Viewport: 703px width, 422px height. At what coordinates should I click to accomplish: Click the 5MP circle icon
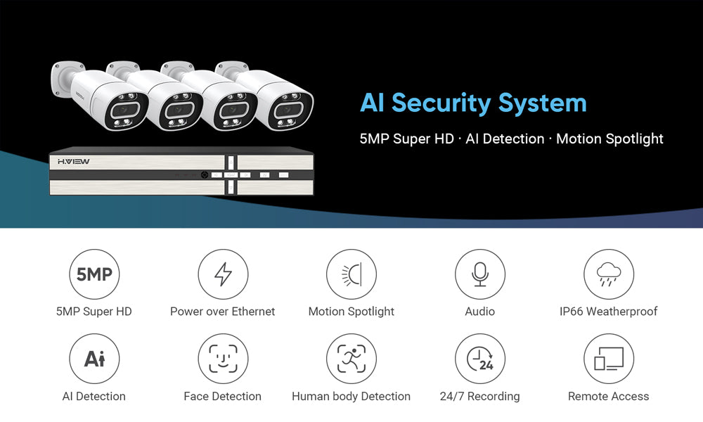click(94, 274)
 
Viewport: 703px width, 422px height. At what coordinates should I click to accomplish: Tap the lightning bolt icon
click(223, 274)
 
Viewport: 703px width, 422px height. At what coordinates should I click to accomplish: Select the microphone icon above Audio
click(479, 274)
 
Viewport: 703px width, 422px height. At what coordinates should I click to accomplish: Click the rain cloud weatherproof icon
click(608, 274)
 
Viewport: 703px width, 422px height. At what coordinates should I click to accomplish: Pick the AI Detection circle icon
click(94, 358)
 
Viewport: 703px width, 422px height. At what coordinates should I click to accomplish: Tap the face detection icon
click(223, 358)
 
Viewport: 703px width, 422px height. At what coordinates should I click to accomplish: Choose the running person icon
click(351, 358)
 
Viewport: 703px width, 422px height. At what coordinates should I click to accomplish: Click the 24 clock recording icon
click(479, 358)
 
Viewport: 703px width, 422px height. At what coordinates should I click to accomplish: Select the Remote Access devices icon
click(608, 358)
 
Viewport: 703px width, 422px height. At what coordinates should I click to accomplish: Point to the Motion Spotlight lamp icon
click(351, 274)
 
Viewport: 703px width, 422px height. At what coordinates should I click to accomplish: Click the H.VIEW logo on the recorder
click(74, 162)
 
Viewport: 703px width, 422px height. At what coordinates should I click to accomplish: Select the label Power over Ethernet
click(222, 312)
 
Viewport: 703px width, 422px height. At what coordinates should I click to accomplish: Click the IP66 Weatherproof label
click(608, 312)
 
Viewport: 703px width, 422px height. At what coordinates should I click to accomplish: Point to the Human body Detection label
click(351, 397)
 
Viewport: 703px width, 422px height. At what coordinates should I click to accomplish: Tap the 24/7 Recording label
click(479, 397)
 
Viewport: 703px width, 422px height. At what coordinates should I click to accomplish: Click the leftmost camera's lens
click(125, 110)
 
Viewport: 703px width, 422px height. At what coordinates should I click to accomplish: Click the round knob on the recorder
click(205, 175)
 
